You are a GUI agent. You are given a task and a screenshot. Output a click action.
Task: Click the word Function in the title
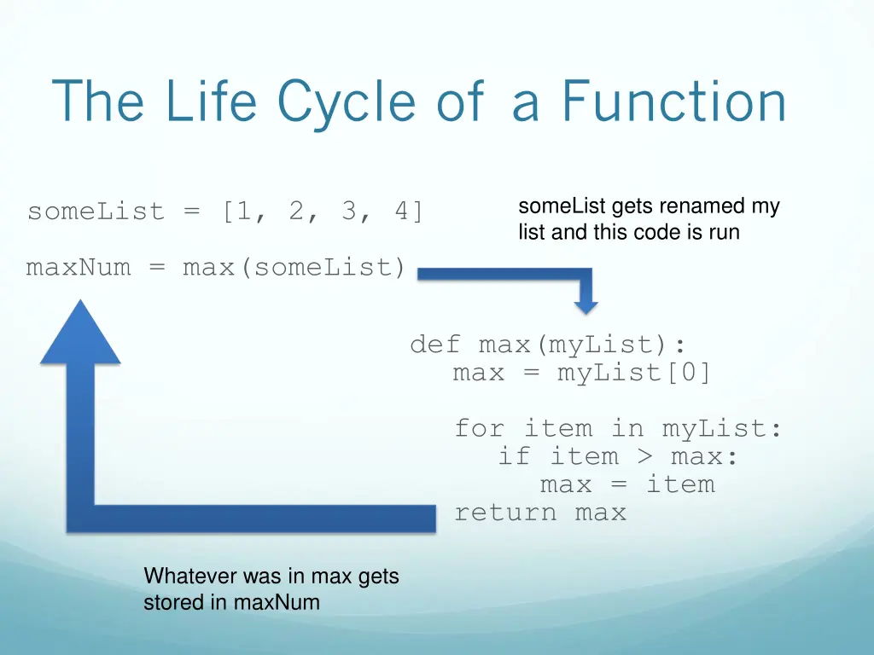coord(673,101)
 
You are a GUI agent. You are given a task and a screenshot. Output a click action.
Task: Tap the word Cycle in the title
coord(346,101)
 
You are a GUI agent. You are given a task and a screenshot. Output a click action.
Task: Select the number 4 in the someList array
coord(401,212)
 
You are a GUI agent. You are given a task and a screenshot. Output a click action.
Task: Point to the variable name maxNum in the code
coord(79,268)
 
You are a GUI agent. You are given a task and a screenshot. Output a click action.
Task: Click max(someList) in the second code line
coord(294,268)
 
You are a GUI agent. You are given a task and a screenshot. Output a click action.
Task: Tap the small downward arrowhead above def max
coord(586,304)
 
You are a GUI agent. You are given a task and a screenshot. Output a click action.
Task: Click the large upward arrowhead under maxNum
coord(81,333)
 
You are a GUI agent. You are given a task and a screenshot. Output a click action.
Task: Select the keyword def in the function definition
coord(434,345)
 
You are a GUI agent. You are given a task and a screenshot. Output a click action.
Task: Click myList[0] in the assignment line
coord(634,373)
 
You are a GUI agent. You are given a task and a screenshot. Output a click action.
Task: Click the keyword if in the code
coord(514,456)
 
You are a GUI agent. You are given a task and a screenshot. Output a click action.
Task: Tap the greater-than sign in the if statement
coord(644,456)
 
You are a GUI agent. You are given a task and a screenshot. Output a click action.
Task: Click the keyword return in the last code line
coord(505,513)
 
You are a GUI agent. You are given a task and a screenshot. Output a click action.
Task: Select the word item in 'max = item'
coord(680,484)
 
